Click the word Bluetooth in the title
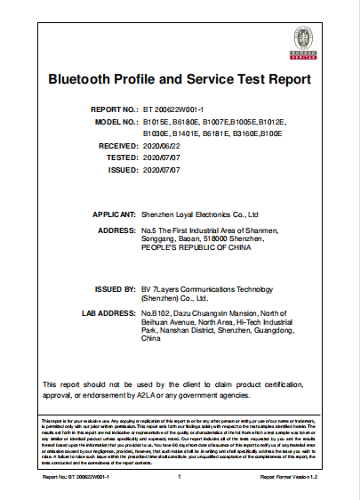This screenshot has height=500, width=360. click(x=85, y=80)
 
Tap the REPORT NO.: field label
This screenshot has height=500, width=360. click(x=113, y=108)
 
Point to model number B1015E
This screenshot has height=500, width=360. click(x=156, y=120)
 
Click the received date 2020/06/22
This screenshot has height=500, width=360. click(x=162, y=144)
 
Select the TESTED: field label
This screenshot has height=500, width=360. click(x=118, y=157)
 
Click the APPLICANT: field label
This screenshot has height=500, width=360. click(x=113, y=215)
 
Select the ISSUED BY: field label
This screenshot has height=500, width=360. click(x=114, y=290)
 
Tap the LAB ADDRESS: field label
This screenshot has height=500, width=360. click(x=108, y=315)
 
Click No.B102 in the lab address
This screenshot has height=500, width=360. click(x=156, y=315)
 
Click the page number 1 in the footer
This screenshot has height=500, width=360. click(x=179, y=478)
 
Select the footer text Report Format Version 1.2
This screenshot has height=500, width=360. click(x=288, y=478)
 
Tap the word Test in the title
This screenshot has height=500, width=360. click(x=243, y=80)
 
